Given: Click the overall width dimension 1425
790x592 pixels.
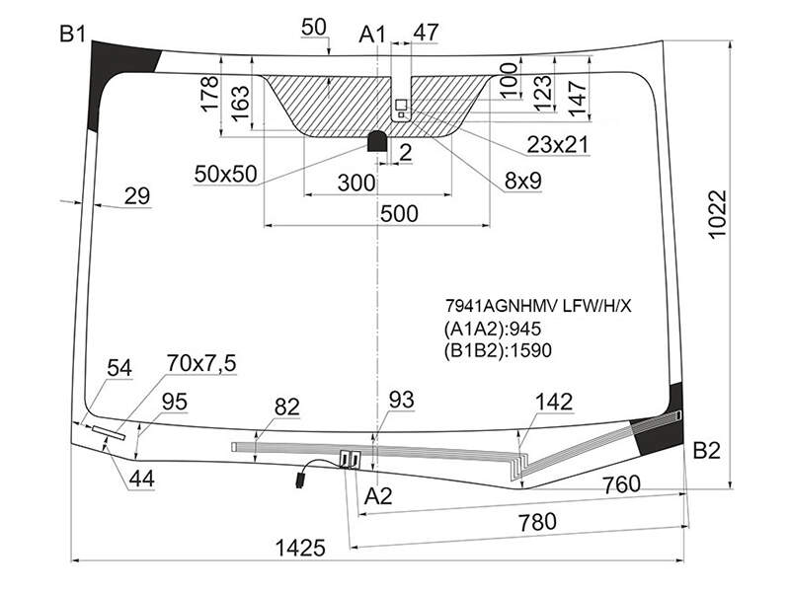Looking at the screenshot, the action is point(301,548).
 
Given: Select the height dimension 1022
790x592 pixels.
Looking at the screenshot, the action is point(718,215).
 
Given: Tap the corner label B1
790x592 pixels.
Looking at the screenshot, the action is point(72,35).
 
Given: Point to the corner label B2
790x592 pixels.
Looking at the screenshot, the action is point(706,451).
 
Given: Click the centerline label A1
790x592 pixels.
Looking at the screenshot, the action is point(372,35).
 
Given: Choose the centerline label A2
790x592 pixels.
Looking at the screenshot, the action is point(378,496).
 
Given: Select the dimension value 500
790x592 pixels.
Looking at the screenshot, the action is point(399,214).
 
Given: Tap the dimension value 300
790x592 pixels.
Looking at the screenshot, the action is point(356,184).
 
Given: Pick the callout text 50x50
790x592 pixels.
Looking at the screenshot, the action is point(226,175).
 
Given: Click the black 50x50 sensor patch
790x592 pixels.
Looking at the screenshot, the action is point(378,141).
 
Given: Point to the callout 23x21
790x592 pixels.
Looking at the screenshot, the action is point(558,145).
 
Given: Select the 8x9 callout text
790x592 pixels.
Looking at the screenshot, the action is point(523,181).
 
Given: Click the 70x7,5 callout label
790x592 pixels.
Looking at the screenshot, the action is point(201,363).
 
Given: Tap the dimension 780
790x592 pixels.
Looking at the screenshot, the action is point(537,522).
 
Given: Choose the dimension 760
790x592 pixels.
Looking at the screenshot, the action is point(622,484).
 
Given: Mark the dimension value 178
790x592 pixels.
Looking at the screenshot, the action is point(209,93).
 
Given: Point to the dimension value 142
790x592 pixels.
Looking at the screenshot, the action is point(554,403).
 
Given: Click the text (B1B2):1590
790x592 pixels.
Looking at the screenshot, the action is point(498,350).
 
